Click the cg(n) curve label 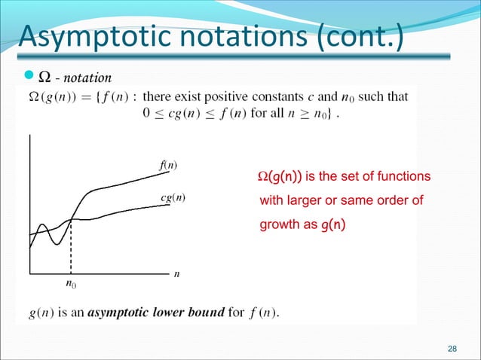coord(174,198)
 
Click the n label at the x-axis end coord(176,274)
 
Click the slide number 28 coord(452,348)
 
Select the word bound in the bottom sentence coord(207,313)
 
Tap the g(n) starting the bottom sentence coord(33,313)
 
